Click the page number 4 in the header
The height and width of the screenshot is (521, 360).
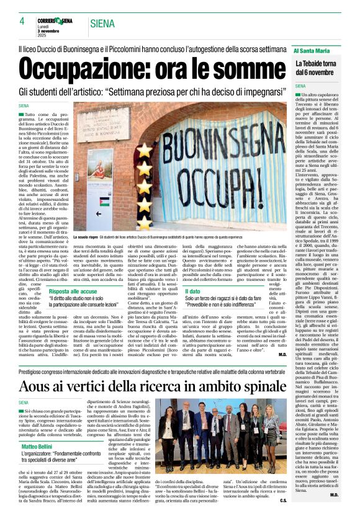coord(22,22)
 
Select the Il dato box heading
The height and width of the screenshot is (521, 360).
coord(192,291)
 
